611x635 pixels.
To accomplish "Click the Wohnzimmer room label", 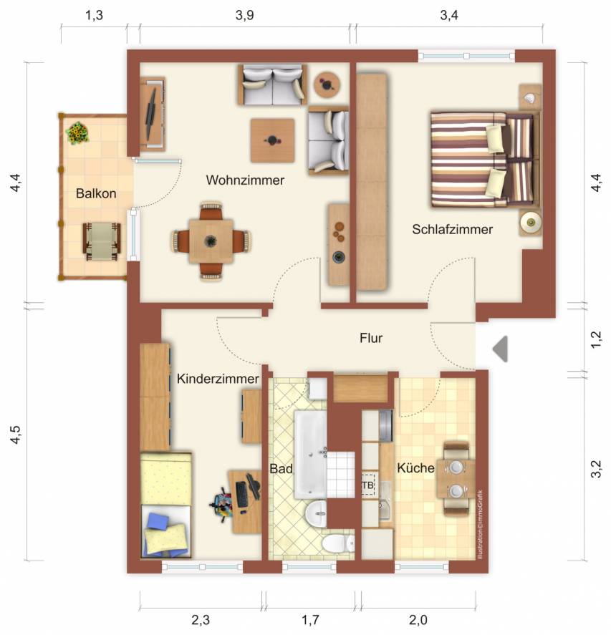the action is (245, 180).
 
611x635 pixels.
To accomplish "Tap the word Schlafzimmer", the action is (452, 229).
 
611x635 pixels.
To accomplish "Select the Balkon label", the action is (96, 193).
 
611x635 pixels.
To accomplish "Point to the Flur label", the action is (371, 338).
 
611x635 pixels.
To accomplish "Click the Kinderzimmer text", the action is (218, 379).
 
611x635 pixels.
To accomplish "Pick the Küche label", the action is (415, 467).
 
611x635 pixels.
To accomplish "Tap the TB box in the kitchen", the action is (368, 485).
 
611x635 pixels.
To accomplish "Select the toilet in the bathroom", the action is (337, 543).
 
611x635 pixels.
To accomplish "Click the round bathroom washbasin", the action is (316, 514).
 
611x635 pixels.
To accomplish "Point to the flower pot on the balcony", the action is (77, 133).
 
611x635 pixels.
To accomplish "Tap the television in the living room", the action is (152, 112).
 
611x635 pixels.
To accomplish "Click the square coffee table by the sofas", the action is (272, 140).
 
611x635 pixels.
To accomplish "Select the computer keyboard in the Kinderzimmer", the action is (242, 495).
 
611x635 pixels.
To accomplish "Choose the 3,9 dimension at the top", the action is (245, 15).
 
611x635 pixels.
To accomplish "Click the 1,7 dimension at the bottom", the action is (310, 620).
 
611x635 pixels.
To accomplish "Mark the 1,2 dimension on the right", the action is (596, 339).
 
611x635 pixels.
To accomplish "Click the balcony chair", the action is (102, 241).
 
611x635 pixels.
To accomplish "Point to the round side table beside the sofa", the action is (327, 84).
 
